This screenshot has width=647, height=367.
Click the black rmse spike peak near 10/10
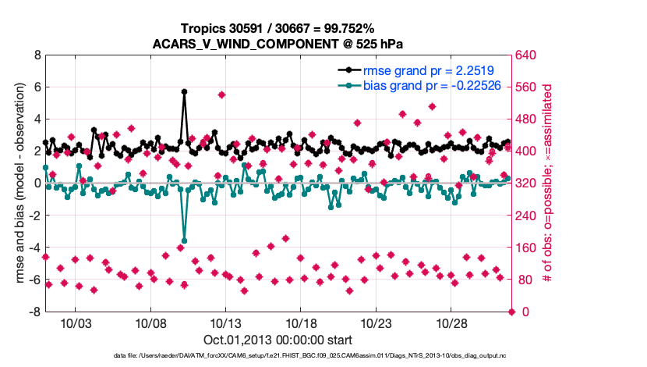pyautogui.click(x=184, y=91)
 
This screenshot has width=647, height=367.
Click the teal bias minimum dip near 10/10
pyautogui.click(x=184, y=241)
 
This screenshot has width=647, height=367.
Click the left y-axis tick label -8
pyautogui.click(x=34, y=312)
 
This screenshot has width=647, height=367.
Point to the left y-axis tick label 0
pyautogui.click(x=37, y=183)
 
